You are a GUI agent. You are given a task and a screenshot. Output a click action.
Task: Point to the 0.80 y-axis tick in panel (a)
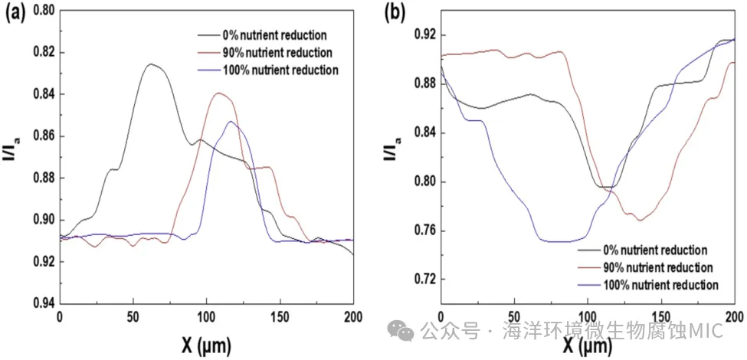pos(44,11)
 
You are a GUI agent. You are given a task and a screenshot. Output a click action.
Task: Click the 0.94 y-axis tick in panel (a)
pos(44,303)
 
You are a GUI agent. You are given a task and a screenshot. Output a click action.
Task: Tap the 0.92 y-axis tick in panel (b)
pos(424,35)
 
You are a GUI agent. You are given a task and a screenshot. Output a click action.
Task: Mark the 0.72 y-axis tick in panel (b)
pos(424,280)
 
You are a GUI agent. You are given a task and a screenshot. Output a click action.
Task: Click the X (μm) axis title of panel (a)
pos(207,342)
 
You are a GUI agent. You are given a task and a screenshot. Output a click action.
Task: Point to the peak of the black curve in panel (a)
pos(151,64)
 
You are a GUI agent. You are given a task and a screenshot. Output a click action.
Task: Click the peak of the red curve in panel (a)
pos(221,93)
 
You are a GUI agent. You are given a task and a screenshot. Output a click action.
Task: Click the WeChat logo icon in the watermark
pos(401,331)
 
